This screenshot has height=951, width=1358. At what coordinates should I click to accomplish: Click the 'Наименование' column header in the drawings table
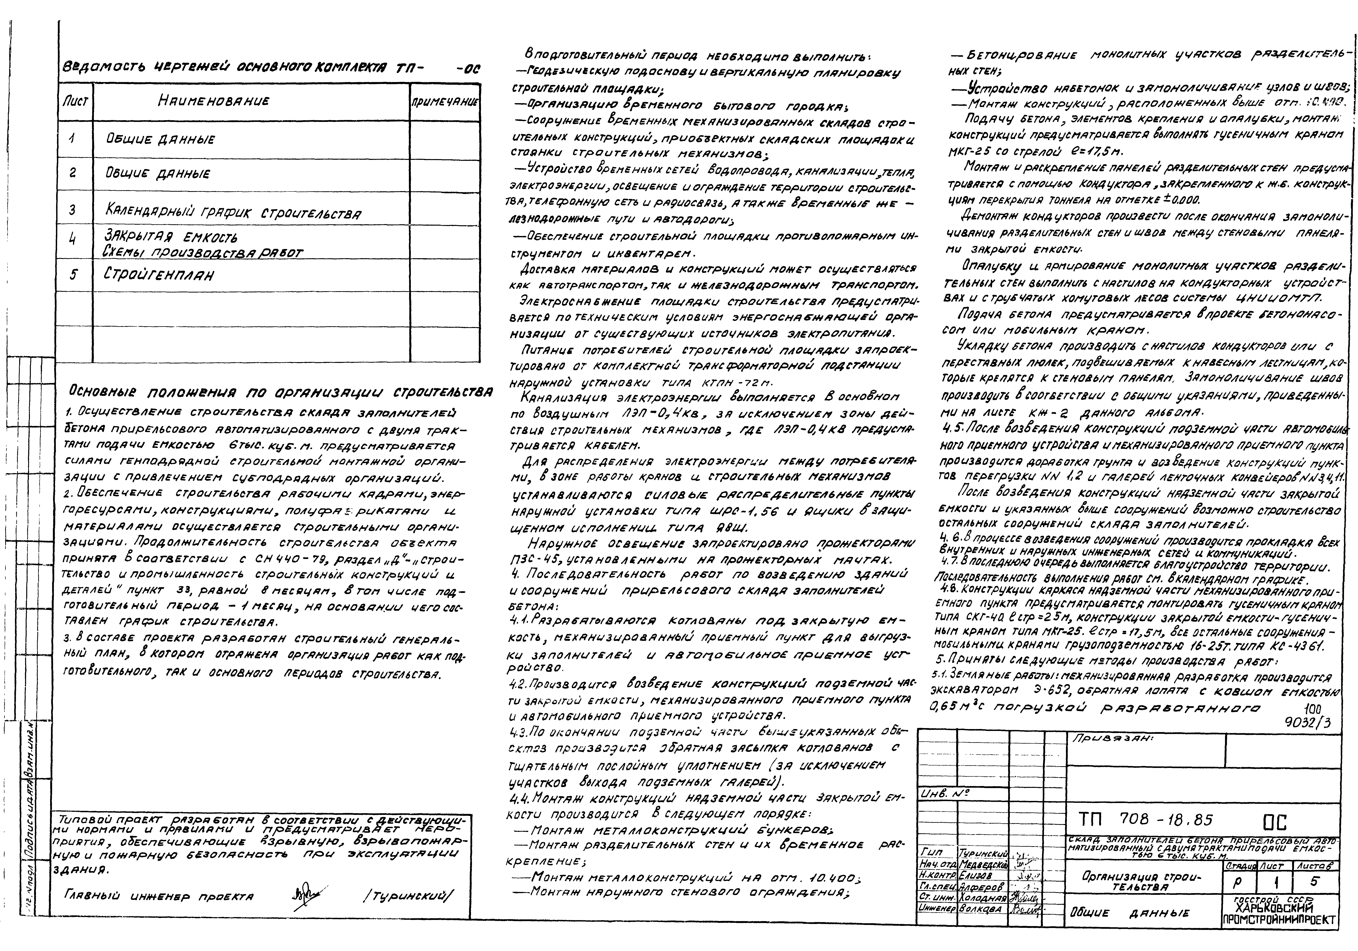(x=213, y=101)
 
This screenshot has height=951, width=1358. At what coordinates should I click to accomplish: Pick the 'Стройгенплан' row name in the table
(x=158, y=275)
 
